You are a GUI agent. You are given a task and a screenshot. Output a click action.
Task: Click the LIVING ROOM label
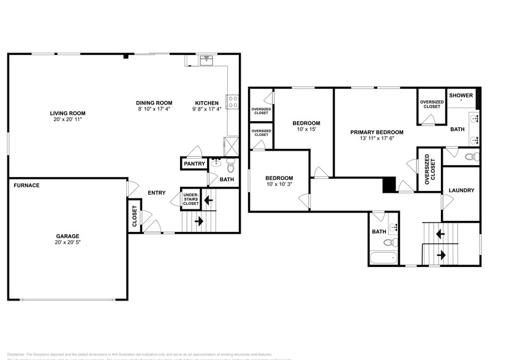click(x=67, y=113)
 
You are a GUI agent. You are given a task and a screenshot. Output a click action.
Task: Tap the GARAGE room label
click(x=68, y=236)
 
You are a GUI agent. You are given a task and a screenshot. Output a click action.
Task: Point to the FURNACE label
click(x=27, y=185)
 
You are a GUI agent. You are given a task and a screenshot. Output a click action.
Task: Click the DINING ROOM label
click(x=154, y=103)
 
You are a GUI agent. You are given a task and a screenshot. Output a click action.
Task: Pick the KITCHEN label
click(x=206, y=103)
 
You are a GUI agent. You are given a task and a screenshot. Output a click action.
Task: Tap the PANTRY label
click(x=195, y=164)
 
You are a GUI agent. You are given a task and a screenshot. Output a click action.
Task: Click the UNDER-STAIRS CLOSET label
click(x=191, y=199)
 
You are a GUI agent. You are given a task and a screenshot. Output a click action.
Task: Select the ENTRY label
click(x=157, y=193)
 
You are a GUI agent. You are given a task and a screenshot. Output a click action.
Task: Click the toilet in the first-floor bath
click(x=230, y=165)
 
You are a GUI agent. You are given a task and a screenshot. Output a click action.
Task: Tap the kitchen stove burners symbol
click(x=232, y=102)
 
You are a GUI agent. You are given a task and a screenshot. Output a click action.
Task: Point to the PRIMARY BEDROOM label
click(x=377, y=132)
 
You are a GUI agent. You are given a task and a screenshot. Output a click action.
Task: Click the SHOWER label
click(x=461, y=96)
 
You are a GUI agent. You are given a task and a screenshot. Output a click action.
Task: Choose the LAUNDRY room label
click(x=461, y=190)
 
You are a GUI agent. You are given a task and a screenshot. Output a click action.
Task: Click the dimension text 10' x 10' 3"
click(x=279, y=184)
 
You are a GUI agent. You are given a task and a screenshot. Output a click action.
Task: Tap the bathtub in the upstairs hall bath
click(x=385, y=257)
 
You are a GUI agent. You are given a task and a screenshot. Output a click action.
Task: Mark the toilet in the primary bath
click(x=470, y=157)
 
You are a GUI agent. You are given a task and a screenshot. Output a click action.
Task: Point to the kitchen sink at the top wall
click(x=208, y=59)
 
